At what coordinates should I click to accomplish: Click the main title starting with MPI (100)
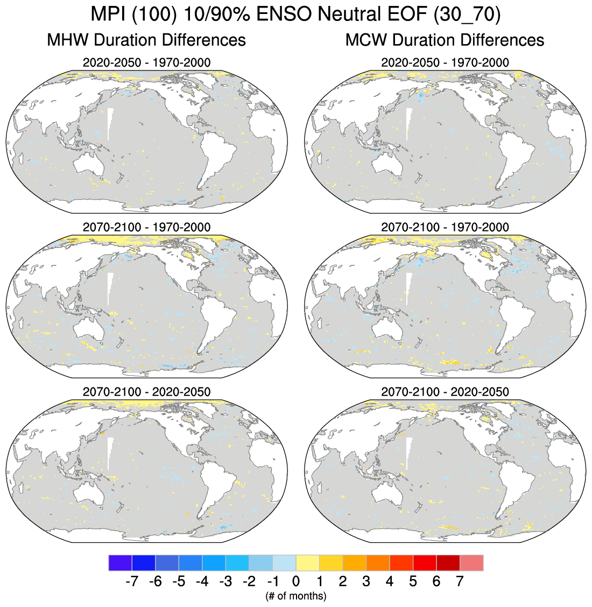[x=295, y=14]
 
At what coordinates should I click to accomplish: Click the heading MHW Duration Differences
[x=146, y=40]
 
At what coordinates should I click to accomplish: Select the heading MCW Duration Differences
[x=445, y=40]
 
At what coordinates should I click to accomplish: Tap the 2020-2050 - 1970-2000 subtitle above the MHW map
[x=146, y=62]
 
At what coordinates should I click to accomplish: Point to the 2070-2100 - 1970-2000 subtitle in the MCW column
[x=445, y=227]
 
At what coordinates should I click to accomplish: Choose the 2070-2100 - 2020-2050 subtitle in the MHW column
[x=146, y=391]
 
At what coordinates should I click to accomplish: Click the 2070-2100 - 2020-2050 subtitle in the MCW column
[x=445, y=391]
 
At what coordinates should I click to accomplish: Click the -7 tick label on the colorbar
[x=131, y=582]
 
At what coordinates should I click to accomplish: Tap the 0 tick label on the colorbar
[x=296, y=582]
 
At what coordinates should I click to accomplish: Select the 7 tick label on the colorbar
[x=460, y=582]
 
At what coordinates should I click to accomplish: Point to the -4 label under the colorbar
[x=202, y=582]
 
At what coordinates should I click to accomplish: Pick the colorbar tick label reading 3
[x=366, y=582]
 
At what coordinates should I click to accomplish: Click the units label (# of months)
[x=295, y=596]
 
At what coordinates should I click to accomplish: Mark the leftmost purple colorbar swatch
[x=120, y=563]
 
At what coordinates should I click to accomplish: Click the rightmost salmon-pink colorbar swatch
[x=471, y=563]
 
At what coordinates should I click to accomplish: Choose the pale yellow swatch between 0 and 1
[x=307, y=563]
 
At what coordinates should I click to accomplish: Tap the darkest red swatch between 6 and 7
[x=448, y=563]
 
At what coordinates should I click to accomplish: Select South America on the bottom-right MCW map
[x=517, y=487]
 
